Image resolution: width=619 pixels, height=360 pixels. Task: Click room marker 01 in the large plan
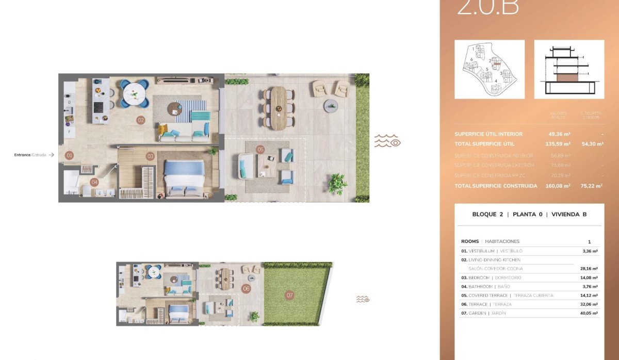point(70,155)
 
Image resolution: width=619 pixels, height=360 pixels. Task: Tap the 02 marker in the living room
point(140,120)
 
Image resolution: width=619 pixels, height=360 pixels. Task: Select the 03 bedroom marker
point(151,156)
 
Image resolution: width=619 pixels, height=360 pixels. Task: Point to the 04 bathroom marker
point(94,182)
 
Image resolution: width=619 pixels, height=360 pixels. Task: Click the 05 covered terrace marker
point(260,150)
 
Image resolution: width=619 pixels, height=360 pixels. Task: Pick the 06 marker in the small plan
point(246,289)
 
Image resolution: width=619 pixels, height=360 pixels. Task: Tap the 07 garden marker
point(290,296)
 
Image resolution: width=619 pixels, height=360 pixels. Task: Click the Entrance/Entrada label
point(30,155)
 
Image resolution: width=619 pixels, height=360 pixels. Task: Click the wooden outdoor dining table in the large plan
point(279,107)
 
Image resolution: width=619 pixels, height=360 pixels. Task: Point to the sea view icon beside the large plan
point(387,141)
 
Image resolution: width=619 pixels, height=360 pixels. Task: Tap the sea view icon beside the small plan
point(363,299)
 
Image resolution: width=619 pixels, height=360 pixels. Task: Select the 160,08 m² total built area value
point(558,186)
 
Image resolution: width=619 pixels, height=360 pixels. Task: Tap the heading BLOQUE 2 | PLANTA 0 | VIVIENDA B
point(529,215)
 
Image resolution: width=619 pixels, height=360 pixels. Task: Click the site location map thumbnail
point(490,69)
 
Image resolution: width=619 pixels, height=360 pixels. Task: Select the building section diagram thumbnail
point(569,69)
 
